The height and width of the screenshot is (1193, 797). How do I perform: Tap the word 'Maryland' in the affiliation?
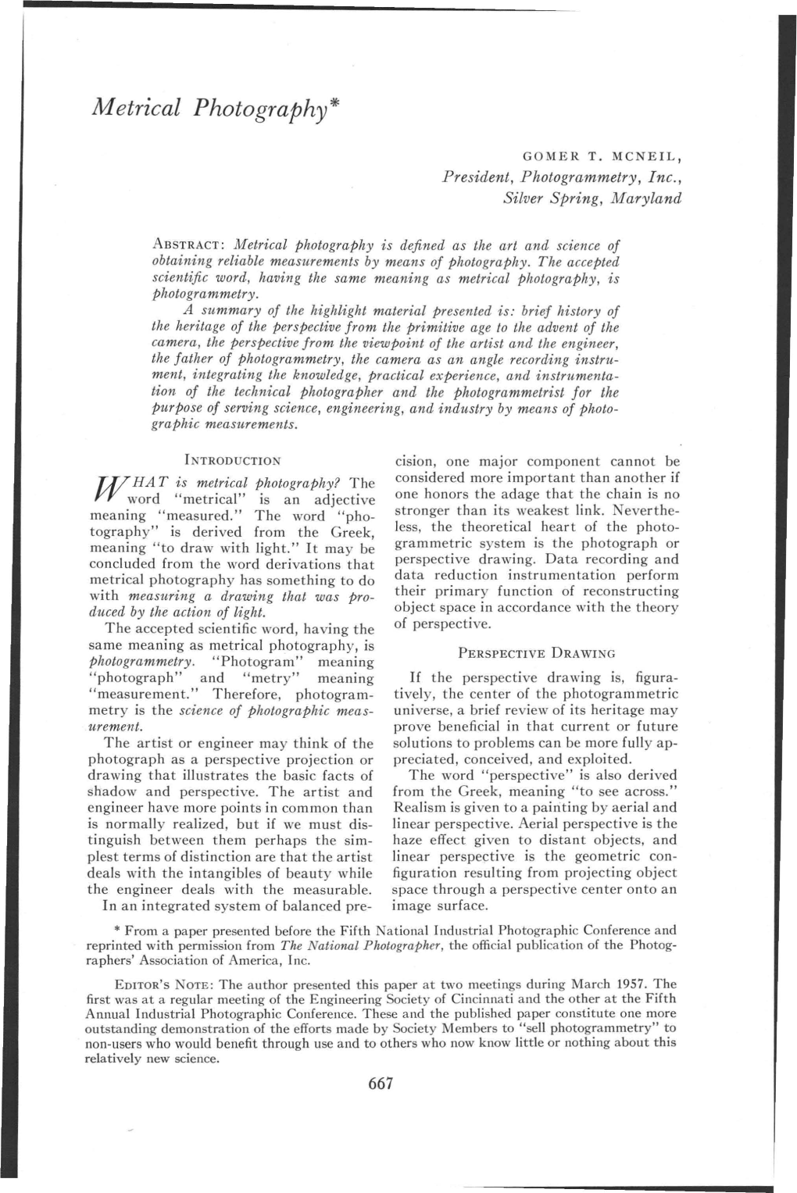tap(646, 198)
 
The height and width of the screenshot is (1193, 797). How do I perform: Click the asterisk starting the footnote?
tap(117, 930)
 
